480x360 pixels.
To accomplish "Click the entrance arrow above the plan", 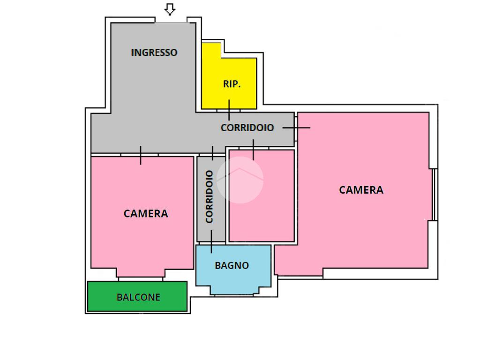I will point(170,9).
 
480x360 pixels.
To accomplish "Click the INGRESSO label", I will point(154,52).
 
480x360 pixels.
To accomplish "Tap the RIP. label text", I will point(232,84).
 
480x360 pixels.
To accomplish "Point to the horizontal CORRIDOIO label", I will point(247,127).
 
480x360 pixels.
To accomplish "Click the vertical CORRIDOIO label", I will point(209,196).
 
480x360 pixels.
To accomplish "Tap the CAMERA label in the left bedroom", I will point(145,214).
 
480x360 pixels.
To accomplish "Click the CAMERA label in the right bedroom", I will point(361,190).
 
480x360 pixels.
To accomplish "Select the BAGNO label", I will point(232,265).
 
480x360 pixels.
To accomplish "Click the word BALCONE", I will point(138,297).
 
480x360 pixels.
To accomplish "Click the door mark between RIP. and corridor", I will point(229,110).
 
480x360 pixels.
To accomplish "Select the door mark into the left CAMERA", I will point(141,155).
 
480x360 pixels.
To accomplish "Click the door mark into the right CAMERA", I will point(296,127).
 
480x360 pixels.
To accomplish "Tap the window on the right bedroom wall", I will point(434,195).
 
